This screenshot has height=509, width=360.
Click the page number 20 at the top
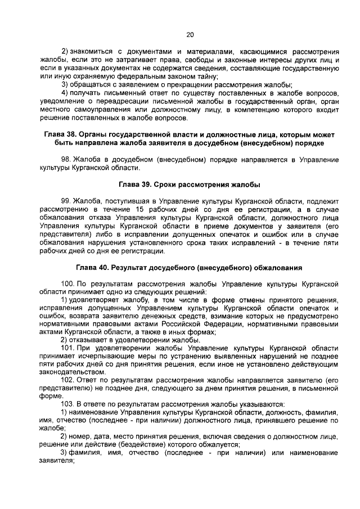coord(189,35)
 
